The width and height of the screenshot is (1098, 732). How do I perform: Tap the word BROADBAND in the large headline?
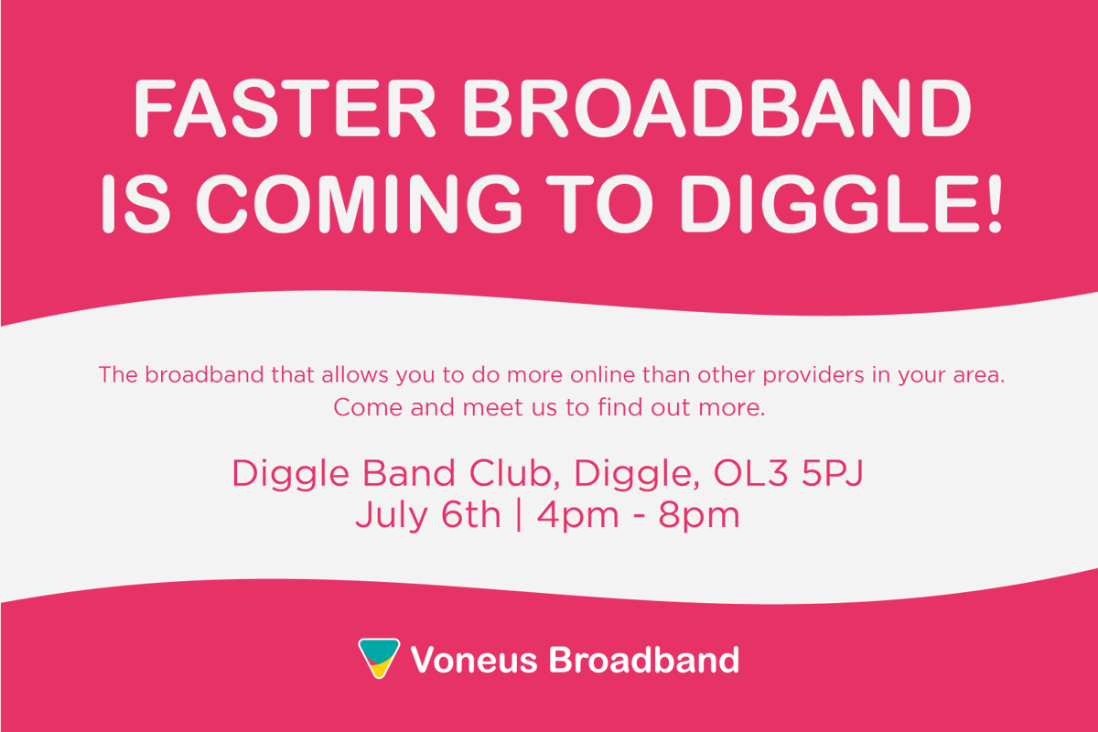pos(714,108)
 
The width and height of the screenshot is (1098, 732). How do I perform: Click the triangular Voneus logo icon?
pos(379,658)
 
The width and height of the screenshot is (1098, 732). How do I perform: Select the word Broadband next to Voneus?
pos(643,659)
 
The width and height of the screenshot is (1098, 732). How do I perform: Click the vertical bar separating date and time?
pos(519,515)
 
